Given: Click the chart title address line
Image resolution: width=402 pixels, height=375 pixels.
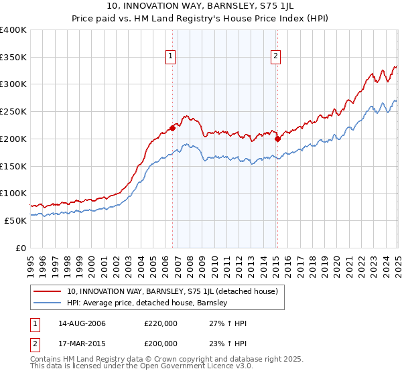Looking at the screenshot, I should (x=200, y=5).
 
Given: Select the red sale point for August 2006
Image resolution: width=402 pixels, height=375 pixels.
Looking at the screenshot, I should (x=172, y=127).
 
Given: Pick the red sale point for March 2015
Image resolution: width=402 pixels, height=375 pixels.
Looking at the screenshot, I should (x=277, y=139).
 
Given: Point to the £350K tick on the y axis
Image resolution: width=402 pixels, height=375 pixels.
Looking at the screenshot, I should (x=13, y=58).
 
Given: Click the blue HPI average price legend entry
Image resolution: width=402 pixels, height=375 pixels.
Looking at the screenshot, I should (x=147, y=303).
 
